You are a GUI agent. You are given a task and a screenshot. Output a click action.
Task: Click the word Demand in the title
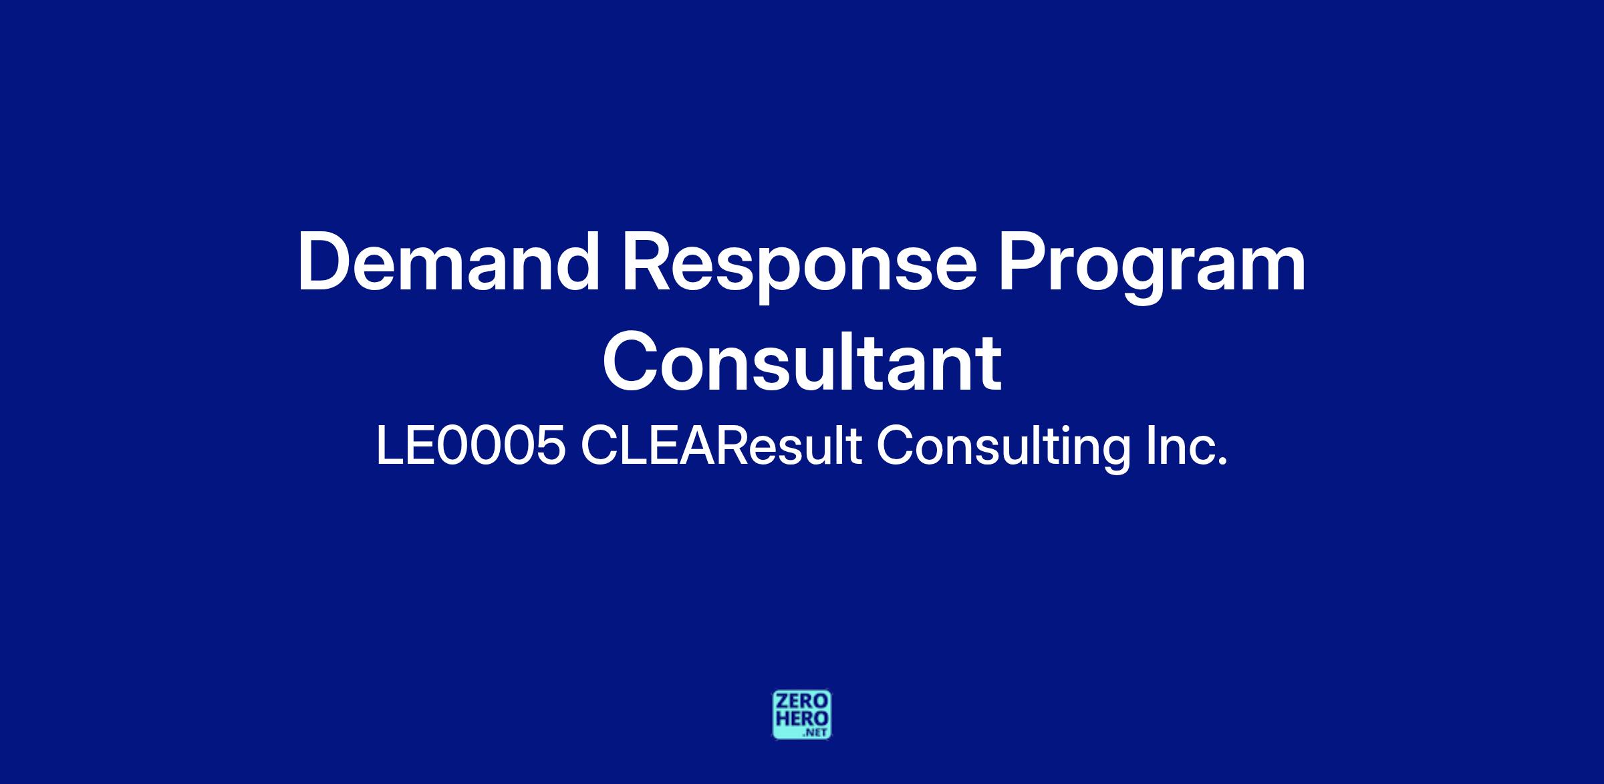448,261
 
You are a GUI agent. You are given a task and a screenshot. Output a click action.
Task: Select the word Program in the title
1151,268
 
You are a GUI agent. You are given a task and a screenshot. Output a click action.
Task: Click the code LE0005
471,446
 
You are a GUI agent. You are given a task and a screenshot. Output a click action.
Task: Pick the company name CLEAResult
721,446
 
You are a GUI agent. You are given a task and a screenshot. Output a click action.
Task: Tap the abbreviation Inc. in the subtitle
1186,446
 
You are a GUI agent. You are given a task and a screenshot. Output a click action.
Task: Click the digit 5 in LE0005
549,446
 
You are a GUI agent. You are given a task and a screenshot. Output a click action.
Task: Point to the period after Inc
1223,461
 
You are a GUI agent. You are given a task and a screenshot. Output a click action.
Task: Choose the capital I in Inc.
1149,446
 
